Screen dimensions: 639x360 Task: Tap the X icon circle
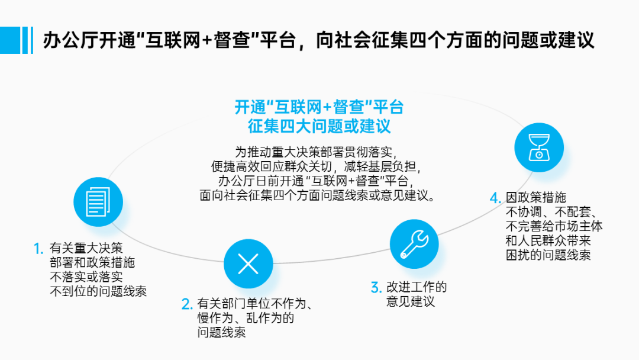pyautogui.click(x=248, y=264)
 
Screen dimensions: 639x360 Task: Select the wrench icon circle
pyautogui.click(x=414, y=244)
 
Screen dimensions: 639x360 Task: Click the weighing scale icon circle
pyautogui.click(x=539, y=146)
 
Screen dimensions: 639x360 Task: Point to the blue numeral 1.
pyautogui.click(x=38, y=248)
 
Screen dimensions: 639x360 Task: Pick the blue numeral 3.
pyautogui.click(x=376, y=288)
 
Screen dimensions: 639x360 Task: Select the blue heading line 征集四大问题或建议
pyautogui.click(x=319, y=126)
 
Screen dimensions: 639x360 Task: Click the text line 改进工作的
pyautogui.click(x=417, y=288)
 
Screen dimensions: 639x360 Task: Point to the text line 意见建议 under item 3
pyautogui.click(x=411, y=301)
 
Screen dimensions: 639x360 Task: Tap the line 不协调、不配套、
pyautogui.click(x=554, y=212)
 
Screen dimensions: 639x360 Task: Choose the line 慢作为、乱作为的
pyautogui.click(x=246, y=319)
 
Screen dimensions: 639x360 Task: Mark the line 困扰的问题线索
pyautogui.click(x=548, y=255)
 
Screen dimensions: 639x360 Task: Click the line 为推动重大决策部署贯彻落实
pyautogui.click(x=319, y=150)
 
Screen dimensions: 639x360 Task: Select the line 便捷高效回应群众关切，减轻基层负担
pyautogui.click(x=319, y=165)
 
